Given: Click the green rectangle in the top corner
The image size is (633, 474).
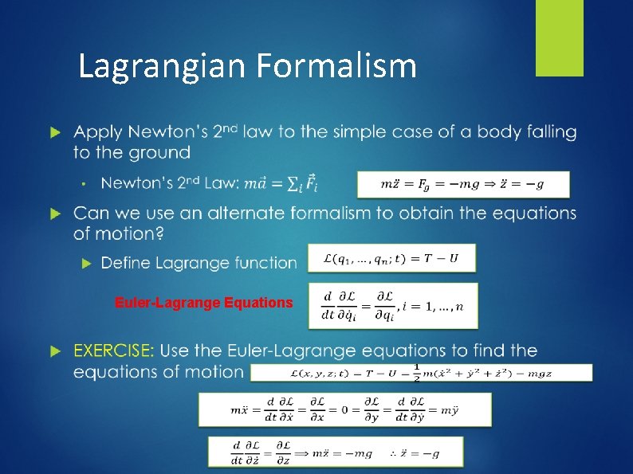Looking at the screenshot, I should tap(559, 37).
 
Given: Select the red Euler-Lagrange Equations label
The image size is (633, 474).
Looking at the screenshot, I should tap(203, 303).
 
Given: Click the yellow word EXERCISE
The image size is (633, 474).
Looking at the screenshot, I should tap(114, 351).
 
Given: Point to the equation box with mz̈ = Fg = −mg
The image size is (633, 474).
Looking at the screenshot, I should tap(463, 184).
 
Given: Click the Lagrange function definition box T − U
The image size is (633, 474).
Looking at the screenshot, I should tap(391, 258).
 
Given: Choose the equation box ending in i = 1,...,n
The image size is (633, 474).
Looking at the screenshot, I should tap(393, 305).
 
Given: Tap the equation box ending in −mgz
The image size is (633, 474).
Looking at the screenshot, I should tap(421, 373).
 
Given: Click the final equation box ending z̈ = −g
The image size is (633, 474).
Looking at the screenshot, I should tap(335, 452).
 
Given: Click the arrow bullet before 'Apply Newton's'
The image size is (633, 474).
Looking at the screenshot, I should tap(54, 131).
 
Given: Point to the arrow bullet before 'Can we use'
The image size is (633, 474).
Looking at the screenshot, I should tap(54, 213).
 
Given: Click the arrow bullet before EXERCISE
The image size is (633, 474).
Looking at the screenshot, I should tap(54, 351).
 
